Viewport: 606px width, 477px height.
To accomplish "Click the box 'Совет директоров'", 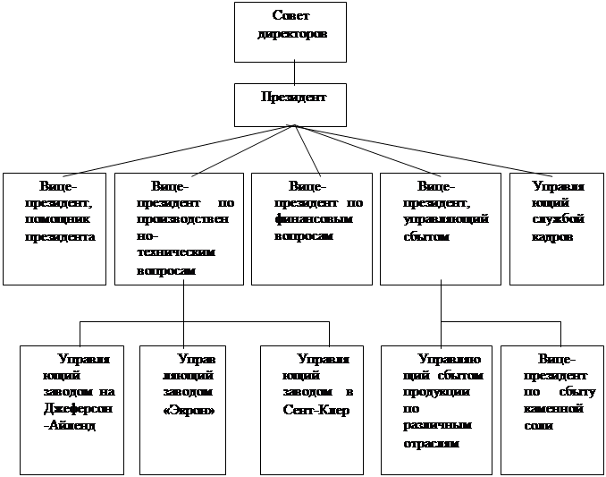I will pos(293,31).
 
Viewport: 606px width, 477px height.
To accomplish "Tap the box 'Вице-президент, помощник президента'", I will pos(55,228).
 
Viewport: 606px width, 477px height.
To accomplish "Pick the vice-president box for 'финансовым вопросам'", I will pos(311,228).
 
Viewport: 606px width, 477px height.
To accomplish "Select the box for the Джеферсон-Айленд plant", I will pos(71,409).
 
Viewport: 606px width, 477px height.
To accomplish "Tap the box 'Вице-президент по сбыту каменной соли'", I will pos(549,409).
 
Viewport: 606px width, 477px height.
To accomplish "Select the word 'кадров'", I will pos(554,237).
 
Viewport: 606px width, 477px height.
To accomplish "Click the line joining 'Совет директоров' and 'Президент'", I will pos(293,72).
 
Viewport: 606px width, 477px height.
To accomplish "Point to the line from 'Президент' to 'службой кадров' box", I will pos(420,149).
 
